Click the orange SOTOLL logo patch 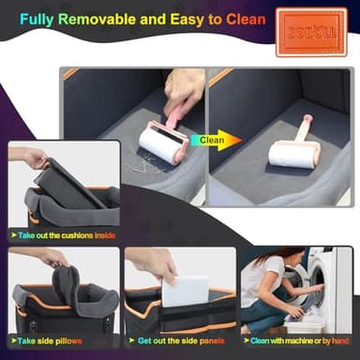310,32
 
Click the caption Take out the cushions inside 68,234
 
